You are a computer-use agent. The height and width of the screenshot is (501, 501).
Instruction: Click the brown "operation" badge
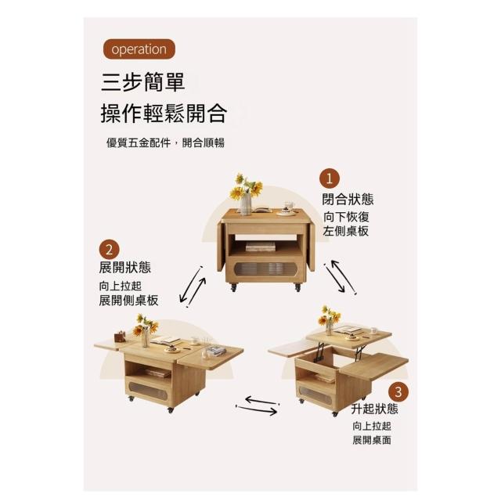pos(139,49)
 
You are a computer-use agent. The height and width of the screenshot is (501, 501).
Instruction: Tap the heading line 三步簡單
pos(142,82)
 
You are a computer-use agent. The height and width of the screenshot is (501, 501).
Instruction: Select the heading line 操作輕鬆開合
pos(164,114)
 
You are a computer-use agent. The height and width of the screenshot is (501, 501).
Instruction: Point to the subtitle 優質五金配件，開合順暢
pos(165,142)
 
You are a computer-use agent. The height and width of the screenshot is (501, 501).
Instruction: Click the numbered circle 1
pos(330,179)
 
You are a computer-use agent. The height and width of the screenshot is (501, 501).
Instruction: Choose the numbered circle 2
pos(109,250)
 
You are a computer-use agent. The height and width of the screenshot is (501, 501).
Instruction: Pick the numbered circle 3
pos(398,391)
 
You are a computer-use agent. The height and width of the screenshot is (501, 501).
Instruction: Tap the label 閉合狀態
pos(348,200)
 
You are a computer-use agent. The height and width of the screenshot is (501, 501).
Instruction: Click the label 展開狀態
pos(125,268)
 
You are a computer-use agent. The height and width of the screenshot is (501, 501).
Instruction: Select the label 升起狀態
pos(374,409)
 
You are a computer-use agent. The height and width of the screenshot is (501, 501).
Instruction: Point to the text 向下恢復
pos(346,217)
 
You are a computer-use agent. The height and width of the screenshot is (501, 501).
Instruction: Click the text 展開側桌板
pos(128,301)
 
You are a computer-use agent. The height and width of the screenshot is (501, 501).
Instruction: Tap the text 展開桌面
pos(372,440)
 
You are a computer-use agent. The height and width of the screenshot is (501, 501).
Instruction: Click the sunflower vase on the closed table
pos(246,194)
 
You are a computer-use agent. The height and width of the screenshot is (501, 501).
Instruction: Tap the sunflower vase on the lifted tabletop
pos(329,320)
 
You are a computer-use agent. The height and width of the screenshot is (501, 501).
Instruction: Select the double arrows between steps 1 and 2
pos(193,287)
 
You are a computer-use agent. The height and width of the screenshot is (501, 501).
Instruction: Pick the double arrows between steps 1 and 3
pos(340,277)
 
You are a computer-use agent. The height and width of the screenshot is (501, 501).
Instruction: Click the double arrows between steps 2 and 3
pos(258,405)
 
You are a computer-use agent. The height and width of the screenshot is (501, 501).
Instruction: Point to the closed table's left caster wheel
pos(233,287)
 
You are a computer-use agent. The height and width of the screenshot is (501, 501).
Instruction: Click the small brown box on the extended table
pos(120,337)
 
